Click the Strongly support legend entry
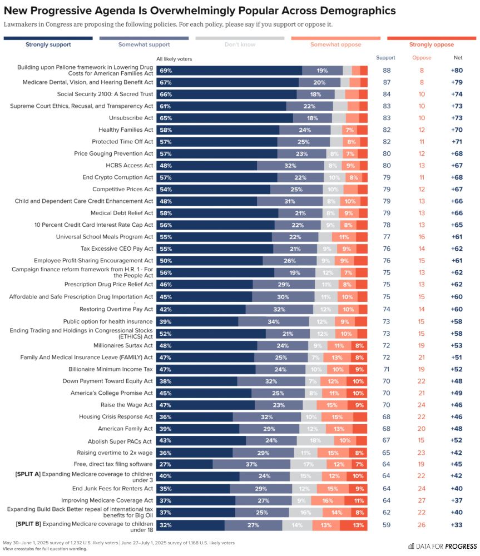point(48,44)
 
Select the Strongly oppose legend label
point(431,44)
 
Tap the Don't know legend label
point(240,44)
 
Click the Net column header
point(457,58)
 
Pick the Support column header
point(385,58)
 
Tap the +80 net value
point(457,71)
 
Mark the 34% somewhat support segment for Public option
point(274,321)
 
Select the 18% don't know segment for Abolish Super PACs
point(315,440)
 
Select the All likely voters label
point(174,59)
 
